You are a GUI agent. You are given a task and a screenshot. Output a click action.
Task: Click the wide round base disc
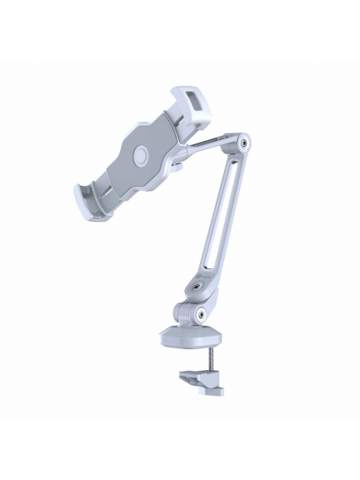[191, 341]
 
